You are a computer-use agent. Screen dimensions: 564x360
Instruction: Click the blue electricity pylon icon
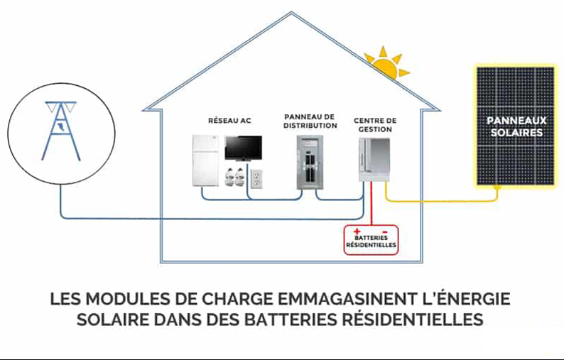61,131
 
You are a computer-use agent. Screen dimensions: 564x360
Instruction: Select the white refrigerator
206,160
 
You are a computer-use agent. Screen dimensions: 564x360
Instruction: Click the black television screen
243,148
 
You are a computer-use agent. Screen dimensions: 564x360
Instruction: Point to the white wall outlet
256,179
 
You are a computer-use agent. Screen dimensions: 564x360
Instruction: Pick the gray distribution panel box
310,162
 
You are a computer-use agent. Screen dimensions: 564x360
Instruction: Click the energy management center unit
374,160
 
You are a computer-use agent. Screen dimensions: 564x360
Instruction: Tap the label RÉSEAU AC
229,121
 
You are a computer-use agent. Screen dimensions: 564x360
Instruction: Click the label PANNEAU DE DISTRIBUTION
310,121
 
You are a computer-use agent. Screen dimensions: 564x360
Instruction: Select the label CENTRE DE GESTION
375,125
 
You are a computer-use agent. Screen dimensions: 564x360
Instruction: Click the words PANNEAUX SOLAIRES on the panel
516,126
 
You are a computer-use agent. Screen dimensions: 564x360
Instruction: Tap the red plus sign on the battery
357,231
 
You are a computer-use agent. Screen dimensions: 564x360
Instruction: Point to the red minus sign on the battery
384,231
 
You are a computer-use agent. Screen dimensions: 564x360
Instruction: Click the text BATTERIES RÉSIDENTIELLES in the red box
372,241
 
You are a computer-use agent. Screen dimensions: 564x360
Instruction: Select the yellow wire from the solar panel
442,200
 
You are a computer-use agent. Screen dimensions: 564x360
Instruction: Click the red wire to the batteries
372,204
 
